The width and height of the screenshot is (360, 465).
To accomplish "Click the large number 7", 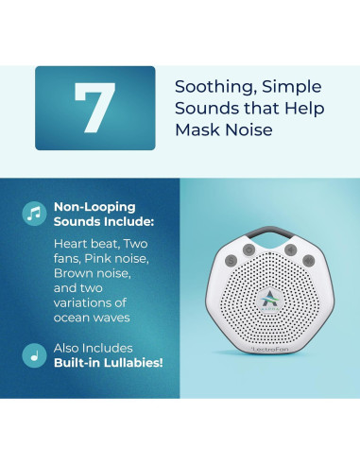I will point(94,108).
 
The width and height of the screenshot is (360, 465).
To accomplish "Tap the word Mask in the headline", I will point(198,129).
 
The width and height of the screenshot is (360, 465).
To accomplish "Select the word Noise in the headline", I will point(249,129).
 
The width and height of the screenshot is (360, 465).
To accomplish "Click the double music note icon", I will point(35,213).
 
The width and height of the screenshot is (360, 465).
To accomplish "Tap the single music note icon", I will point(35,357).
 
